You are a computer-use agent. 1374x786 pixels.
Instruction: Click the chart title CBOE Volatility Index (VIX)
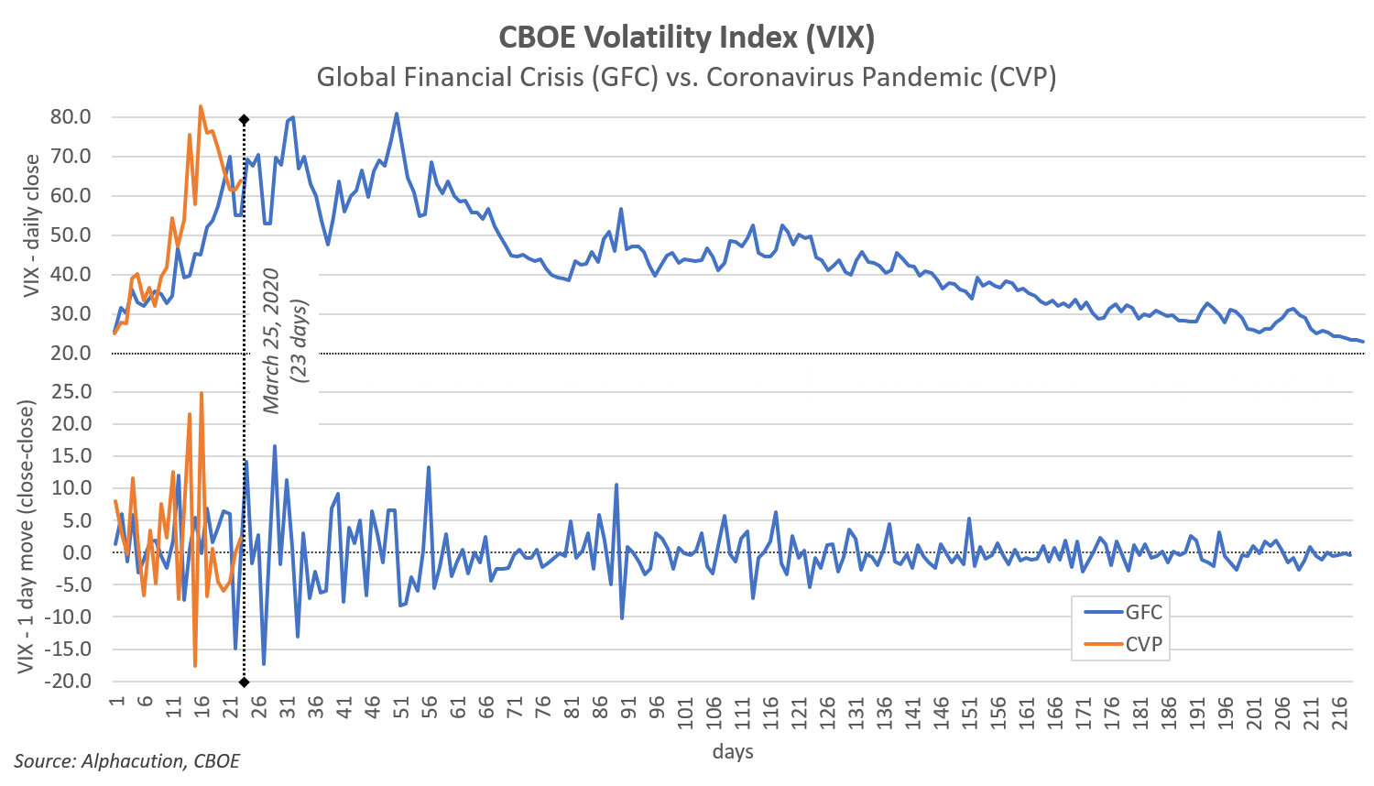(x=687, y=38)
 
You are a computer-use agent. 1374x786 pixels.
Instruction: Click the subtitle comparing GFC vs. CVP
(x=687, y=78)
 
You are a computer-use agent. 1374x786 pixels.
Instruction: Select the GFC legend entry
(x=1119, y=613)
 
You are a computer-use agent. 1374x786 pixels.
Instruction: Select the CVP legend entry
(x=1119, y=645)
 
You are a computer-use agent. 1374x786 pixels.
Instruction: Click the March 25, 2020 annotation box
(x=285, y=341)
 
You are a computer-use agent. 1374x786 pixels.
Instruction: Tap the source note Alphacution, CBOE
(x=127, y=761)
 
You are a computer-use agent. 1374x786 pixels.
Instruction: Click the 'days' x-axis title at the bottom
(x=732, y=752)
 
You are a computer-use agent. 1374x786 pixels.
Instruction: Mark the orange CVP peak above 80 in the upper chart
(x=201, y=107)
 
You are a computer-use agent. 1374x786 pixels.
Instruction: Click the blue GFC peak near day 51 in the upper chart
(x=396, y=115)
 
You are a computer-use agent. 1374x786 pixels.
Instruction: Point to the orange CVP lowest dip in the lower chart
(x=195, y=665)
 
